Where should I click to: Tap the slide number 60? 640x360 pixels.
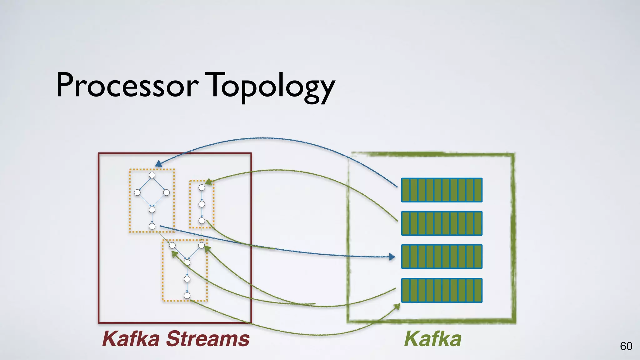pos(626,346)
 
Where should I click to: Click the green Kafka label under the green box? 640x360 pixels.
pos(433,339)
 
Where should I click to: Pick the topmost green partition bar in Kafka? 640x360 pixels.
pos(442,190)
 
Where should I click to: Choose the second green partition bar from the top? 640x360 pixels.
pos(442,223)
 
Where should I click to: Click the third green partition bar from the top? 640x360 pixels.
pos(442,257)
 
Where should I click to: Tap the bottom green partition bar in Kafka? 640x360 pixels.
pos(442,290)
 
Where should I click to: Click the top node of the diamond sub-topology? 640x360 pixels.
pos(152,175)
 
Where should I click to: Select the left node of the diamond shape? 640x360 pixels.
pos(137,192)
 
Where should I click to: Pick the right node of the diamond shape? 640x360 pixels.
pos(167,192)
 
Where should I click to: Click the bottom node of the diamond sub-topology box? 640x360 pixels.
pos(152,226)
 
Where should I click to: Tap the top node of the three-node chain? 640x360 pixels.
pos(202,187)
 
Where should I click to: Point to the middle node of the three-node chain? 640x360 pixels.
pos(202,204)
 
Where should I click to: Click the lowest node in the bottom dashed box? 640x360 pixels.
pos(187,296)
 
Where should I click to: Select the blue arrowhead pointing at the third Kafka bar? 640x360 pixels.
pos(392,257)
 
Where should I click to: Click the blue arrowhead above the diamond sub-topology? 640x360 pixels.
pos(158,164)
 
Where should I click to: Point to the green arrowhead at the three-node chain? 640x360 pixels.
pos(208,182)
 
